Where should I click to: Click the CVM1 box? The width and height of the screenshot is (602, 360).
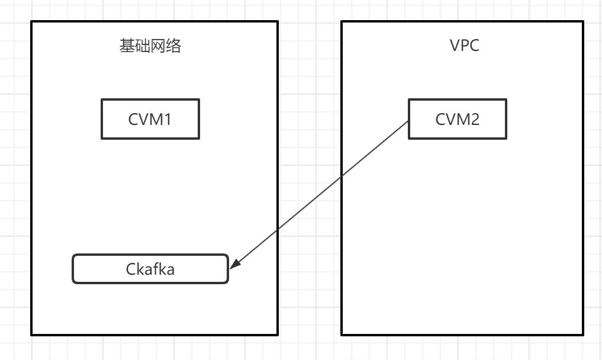(150, 119)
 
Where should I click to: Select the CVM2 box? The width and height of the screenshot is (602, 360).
(458, 119)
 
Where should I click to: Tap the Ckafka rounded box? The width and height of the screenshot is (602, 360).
(150, 269)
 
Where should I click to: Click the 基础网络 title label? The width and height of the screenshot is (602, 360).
(150, 47)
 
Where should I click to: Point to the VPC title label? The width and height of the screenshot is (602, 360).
(464, 47)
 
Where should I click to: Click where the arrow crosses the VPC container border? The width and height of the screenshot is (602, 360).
(342, 176)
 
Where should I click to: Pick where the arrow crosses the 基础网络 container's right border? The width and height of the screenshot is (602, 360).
(278, 229)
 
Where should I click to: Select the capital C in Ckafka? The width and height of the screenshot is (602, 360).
(131, 269)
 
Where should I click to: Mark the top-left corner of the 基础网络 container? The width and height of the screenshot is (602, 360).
(31, 22)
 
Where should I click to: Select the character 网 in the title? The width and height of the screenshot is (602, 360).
(158, 47)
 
